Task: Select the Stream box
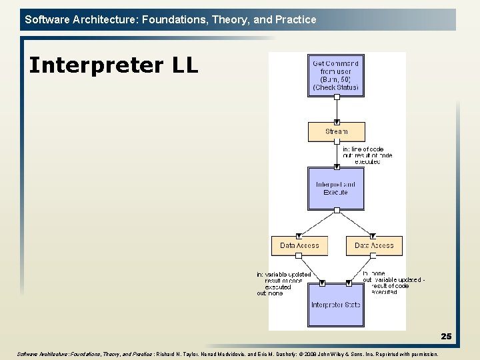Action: pos(337,131)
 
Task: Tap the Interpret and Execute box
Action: pos(337,188)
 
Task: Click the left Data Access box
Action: pos(299,245)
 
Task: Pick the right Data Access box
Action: pos(374,245)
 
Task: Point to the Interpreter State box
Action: pos(337,305)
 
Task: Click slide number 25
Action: pos(446,337)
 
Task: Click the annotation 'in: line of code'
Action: pos(363,149)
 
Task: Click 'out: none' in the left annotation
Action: pos(270,293)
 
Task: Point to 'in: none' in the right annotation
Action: pos(375,273)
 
